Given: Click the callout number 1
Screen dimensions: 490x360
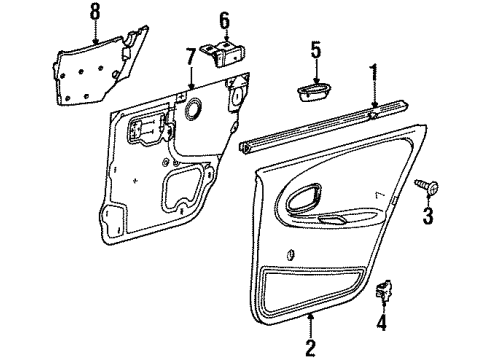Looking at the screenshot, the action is click(x=374, y=73).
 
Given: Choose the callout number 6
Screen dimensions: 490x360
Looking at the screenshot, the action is click(x=224, y=19).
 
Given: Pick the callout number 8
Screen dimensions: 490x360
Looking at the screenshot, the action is click(x=95, y=12).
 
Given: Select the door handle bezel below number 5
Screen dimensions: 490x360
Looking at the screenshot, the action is click(x=314, y=93).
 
